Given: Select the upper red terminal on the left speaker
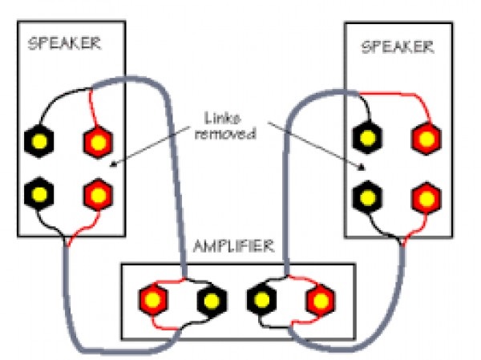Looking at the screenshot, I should (98, 143).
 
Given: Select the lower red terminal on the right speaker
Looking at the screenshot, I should (426, 196).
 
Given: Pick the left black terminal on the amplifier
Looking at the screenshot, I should (211, 301).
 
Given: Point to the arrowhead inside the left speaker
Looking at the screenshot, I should (112, 166).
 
